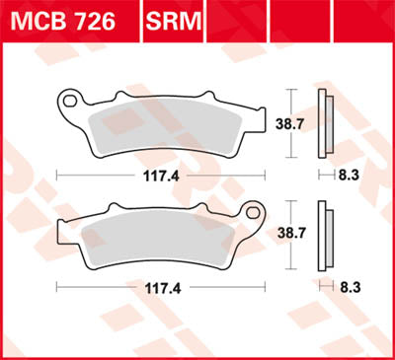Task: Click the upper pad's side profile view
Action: [324, 122]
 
